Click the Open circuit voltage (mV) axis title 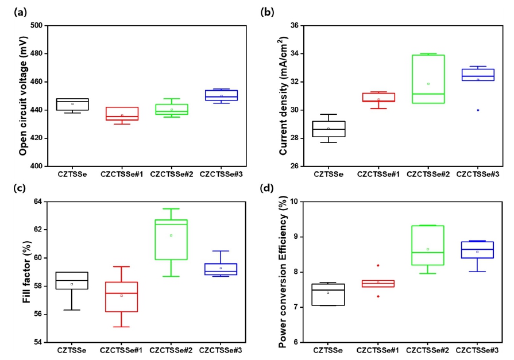point(22,96)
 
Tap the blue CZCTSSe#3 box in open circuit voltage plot point(221,95)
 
